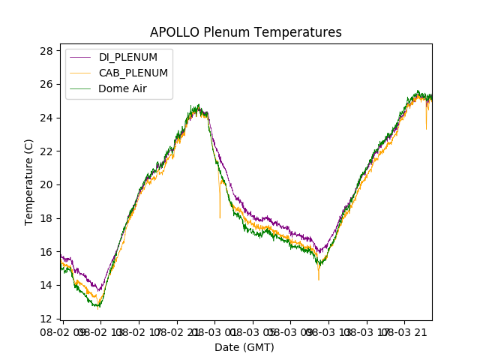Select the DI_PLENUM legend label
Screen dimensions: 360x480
pos(128,57)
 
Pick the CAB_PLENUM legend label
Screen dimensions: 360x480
pos(133,73)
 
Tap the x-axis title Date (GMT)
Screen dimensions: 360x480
pos(244,347)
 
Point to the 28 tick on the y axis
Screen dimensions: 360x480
pos(46,51)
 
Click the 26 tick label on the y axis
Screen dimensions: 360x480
pos(46,84)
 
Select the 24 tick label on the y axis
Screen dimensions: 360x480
pos(46,118)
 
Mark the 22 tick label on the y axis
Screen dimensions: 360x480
pos(46,151)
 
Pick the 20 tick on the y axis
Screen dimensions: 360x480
pos(46,184)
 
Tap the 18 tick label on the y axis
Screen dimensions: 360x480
pos(46,218)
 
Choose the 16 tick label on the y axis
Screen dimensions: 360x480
pos(46,251)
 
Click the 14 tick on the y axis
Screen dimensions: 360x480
pos(46,285)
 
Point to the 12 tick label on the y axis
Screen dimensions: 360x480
pos(46,318)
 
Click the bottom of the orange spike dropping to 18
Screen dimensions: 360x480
pos(220,217)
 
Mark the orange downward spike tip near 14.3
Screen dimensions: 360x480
pos(319,280)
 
